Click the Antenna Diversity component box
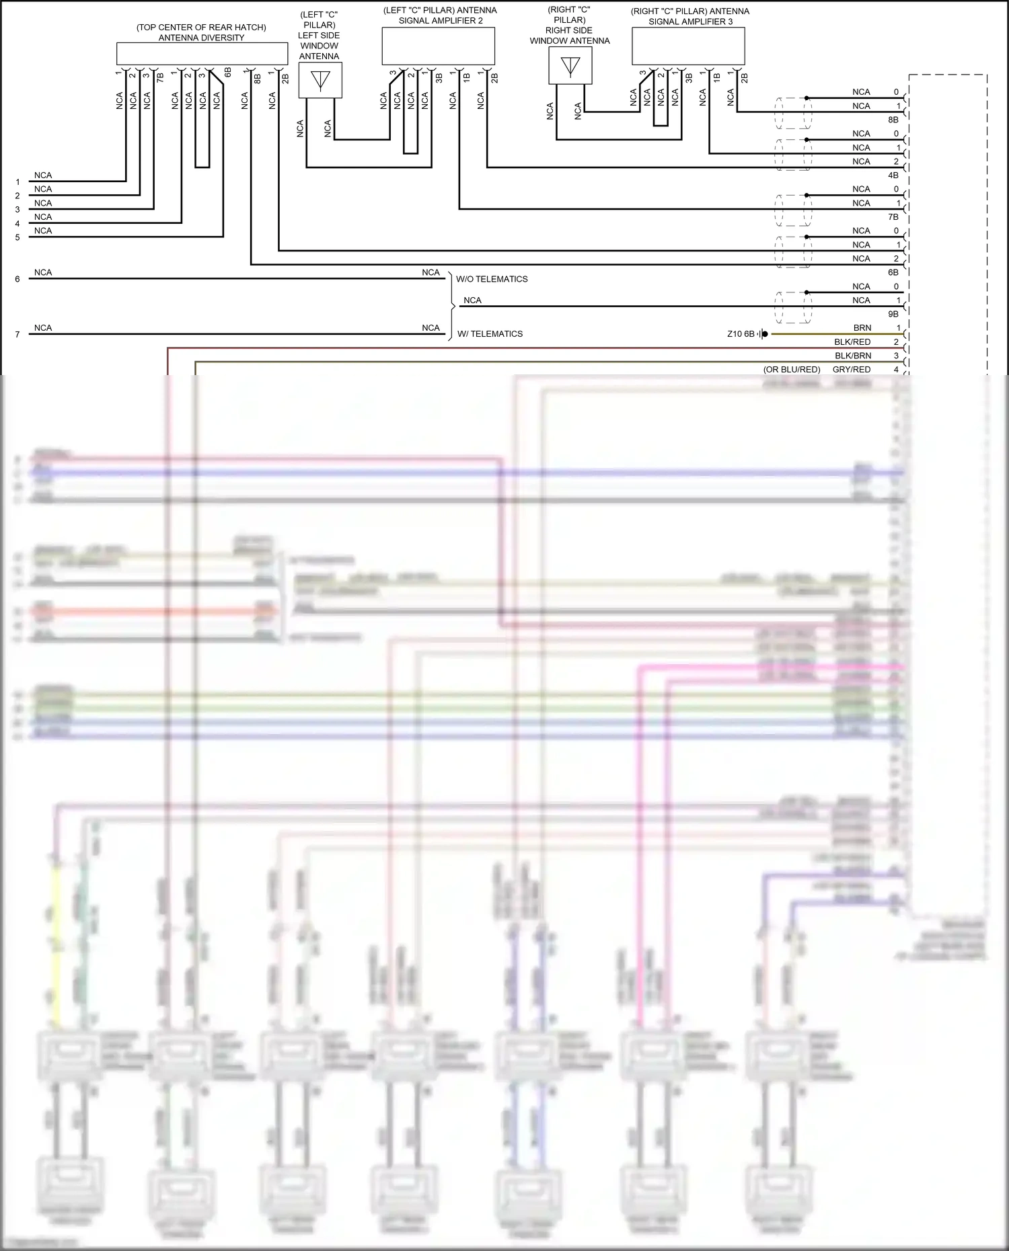pyautogui.click(x=202, y=54)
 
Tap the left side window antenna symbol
pyautogui.click(x=320, y=80)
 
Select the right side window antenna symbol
pyautogui.click(x=570, y=66)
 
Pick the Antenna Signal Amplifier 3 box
pyautogui.click(x=688, y=47)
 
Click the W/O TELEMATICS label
pyautogui.click(x=492, y=279)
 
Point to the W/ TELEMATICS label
pyautogui.click(x=490, y=334)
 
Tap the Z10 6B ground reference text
pyautogui.click(x=741, y=334)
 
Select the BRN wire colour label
pyautogui.click(x=862, y=328)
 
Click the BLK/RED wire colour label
pyautogui.click(x=852, y=342)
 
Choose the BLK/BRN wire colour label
pyautogui.click(x=853, y=356)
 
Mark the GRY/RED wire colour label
pyautogui.click(x=852, y=370)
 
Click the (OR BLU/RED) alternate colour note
pyautogui.click(x=792, y=370)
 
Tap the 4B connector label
pyautogui.click(x=893, y=175)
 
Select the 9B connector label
pyautogui.click(x=893, y=314)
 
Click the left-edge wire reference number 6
pyautogui.click(x=17, y=279)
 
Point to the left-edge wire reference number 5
pyautogui.click(x=17, y=237)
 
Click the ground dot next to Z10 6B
pyautogui.click(x=765, y=334)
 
